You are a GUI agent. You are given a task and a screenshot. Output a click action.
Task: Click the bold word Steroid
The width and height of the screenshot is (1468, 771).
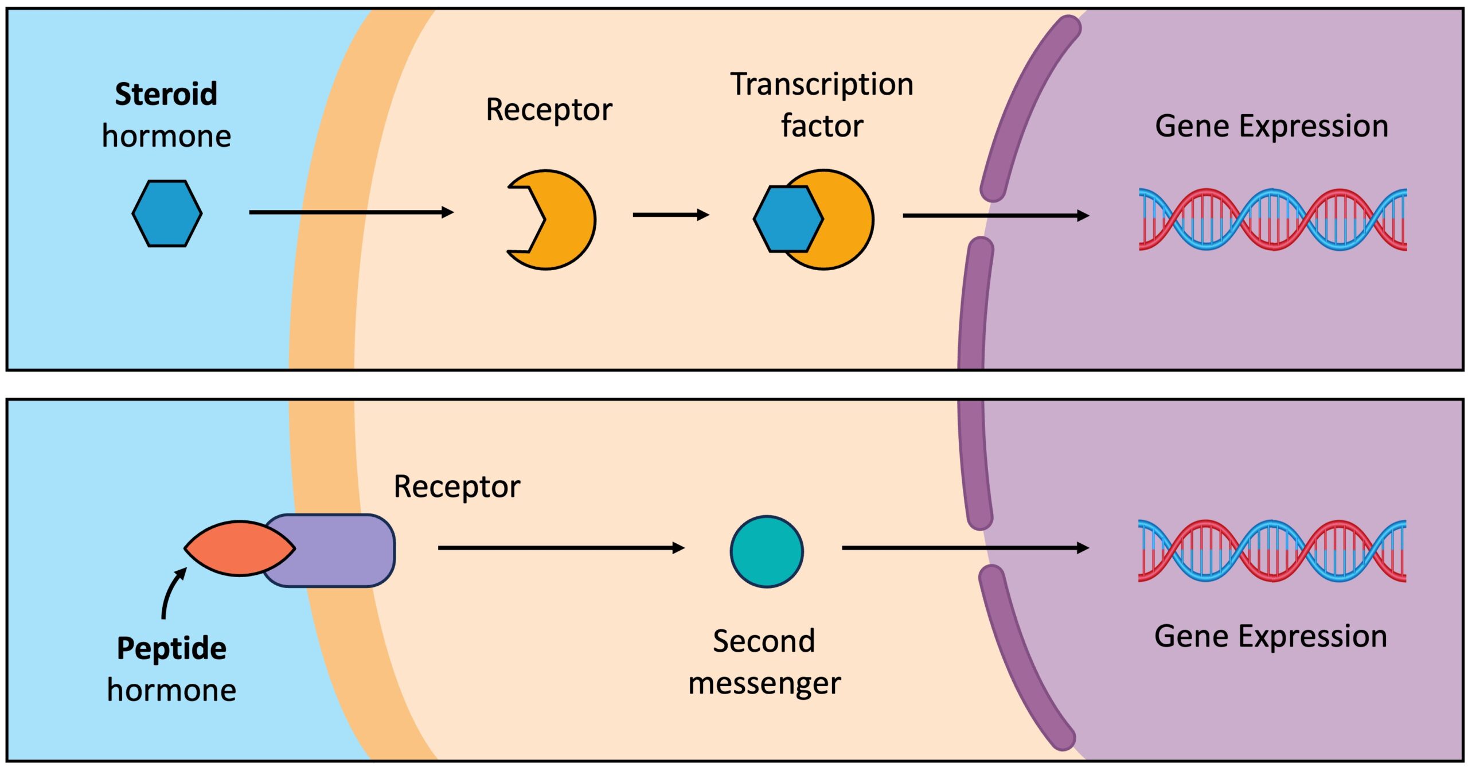[x=166, y=94]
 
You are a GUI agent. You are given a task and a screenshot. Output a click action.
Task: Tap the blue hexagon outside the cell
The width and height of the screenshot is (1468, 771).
[x=167, y=213]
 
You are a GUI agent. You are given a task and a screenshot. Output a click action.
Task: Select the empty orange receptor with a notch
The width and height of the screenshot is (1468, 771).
[x=562, y=220]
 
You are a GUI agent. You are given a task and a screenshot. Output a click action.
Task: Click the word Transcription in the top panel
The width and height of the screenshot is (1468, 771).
[x=821, y=85]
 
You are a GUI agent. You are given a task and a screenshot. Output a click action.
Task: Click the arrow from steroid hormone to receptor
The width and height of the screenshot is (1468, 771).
[x=351, y=212]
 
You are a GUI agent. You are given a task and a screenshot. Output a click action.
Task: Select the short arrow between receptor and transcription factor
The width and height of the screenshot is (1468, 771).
[x=670, y=215]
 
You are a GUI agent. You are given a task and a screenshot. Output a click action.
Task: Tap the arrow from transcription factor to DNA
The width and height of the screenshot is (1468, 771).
[x=995, y=216]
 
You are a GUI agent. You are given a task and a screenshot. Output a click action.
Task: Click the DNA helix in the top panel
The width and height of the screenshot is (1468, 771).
[x=1272, y=219]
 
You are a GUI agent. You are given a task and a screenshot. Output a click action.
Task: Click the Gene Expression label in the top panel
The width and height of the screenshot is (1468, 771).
[x=1271, y=126]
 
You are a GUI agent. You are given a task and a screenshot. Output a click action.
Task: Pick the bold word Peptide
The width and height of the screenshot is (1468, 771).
[x=171, y=649]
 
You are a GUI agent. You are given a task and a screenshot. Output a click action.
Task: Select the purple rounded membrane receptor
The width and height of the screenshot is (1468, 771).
[x=344, y=550]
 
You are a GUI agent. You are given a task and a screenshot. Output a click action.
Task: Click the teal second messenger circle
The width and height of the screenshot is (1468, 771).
[x=767, y=551]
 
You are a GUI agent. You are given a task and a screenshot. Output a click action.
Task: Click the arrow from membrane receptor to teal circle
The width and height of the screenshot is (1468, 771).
[x=561, y=548]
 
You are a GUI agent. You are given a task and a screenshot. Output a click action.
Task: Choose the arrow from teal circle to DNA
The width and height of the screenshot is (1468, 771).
[x=965, y=548]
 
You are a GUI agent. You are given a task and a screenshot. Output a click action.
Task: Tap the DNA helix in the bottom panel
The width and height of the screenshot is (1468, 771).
[x=1272, y=551]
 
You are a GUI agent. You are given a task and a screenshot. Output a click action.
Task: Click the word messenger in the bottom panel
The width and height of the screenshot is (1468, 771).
[x=764, y=684]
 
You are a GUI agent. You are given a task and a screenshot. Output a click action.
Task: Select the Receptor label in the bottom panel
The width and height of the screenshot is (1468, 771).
[x=456, y=487]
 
